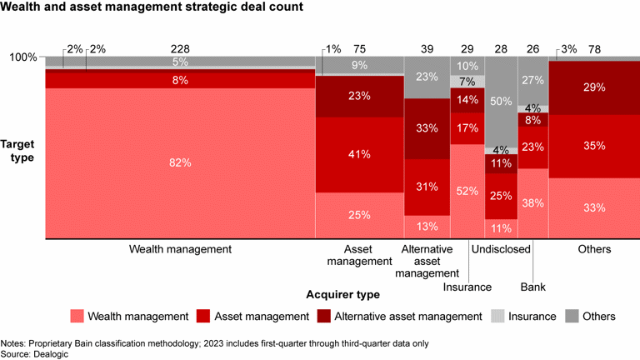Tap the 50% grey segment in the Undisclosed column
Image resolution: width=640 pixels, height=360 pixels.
click(x=501, y=101)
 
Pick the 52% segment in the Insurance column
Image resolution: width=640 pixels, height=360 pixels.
click(x=467, y=191)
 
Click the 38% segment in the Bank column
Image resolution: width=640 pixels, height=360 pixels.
click(x=532, y=202)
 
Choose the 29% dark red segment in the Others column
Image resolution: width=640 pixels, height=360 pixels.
click(x=594, y=87)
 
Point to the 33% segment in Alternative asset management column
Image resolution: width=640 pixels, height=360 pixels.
click(x=426, y=128)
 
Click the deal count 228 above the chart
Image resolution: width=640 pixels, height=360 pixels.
click(x=180, y=49)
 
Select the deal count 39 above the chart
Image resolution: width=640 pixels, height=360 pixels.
click(x=426, y=49)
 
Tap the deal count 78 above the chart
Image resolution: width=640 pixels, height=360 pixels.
click(x=594, y=49)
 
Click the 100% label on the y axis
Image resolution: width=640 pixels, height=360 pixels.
click(x=22, y=57)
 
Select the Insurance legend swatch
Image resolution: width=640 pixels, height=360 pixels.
click(x=497, y=316)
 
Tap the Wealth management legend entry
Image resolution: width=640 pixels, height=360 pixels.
click(x=137, y=316)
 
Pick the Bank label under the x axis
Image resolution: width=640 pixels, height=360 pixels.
click(x=532, y=287)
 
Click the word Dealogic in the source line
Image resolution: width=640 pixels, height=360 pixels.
click(x=52, y=353)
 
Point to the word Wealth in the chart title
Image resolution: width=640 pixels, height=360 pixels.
click(x=22, y=8)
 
